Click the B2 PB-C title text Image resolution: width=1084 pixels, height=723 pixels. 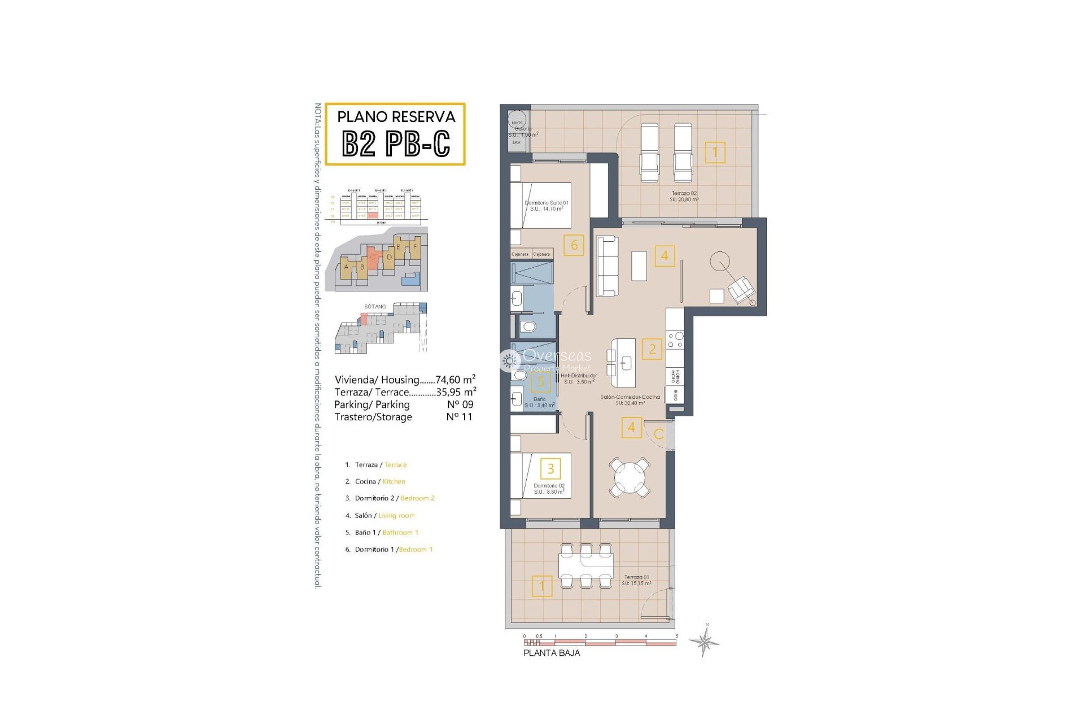(396, 143)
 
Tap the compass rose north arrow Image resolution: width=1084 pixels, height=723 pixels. (704, 641)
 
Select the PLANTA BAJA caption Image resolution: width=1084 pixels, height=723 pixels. (551, 653)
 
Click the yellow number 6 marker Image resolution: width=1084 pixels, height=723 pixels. (574, 245)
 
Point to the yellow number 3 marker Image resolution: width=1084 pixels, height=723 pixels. (550, 468)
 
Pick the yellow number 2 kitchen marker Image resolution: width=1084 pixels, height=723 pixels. (652, 349)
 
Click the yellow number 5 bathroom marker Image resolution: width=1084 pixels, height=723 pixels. (541, 382)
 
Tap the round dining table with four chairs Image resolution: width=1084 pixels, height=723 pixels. (629, 478)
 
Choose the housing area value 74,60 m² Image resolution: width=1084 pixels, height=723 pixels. (455, 380)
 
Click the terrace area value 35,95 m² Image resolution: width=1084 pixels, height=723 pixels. (456, 392)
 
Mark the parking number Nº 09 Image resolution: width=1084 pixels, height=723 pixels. (460, 404)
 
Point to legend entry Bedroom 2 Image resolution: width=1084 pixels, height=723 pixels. (417, 498)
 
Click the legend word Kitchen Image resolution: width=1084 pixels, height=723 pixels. (394, 482)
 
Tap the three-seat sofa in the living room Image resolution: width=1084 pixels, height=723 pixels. (607, 266)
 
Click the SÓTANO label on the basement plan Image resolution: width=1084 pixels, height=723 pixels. (375, 307)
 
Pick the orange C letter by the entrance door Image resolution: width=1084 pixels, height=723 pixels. (658, 434)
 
